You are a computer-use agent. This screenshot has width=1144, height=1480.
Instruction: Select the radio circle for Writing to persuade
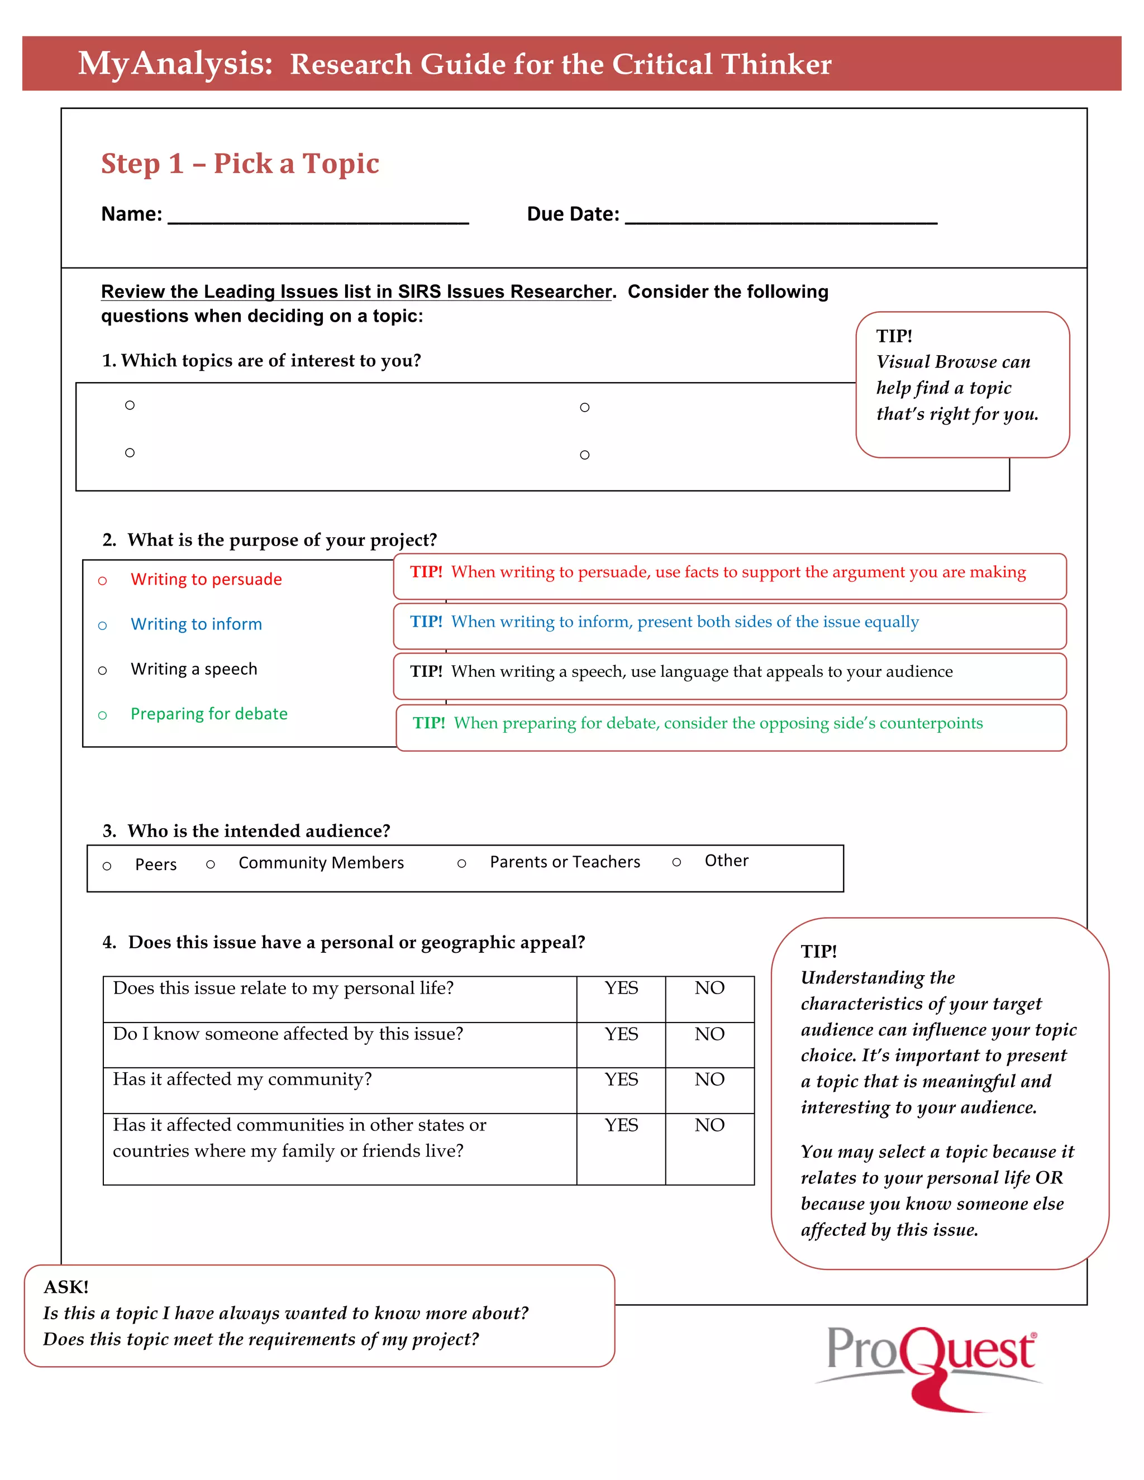pos(102,581)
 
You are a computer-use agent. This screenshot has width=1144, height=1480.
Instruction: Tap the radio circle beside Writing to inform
pos(102,626)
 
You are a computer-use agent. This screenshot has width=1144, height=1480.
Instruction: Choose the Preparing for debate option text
pos(209,714)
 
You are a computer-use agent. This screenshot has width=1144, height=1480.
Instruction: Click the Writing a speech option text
pos(194,669)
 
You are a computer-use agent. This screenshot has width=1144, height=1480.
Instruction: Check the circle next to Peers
pos(106,866)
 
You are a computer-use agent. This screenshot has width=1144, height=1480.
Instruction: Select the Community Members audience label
pos(321,863)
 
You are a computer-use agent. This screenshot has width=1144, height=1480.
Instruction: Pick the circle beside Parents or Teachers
pos(461,863)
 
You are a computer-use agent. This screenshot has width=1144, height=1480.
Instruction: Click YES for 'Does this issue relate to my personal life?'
pos(621,988)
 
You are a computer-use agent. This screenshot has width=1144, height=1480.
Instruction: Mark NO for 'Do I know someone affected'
pos(709,1034)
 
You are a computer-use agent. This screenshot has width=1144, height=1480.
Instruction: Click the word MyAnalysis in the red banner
pos(175,64)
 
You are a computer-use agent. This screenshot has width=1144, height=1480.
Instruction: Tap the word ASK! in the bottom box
pos(66,1287)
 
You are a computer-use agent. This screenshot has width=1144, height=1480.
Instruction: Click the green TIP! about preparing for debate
pos(429,723)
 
